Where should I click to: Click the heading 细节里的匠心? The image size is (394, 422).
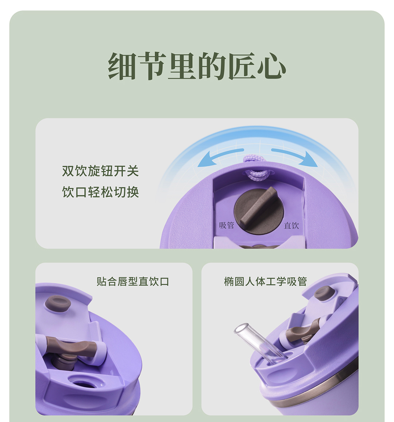click(197, 66)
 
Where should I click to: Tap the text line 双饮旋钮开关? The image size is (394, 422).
click(100, 171)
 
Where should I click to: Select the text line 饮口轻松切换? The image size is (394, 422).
click(100, 192)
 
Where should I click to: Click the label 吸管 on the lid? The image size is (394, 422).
click(227, 225)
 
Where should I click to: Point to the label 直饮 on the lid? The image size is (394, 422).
click(291, 225)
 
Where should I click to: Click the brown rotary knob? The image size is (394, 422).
click(259, 211)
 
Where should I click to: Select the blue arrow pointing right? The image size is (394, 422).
click(294, 157)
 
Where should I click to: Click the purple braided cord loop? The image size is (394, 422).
click(258, 167)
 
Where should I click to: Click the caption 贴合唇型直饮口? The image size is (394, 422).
click(133, 281)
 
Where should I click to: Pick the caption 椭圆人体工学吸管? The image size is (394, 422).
click(266, 281)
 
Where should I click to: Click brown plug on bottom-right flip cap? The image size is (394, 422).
click(325, 293)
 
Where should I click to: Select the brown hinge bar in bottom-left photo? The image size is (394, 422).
click(70, 347)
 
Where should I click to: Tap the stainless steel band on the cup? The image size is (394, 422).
click(315, 390)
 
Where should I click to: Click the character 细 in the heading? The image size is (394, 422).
click(122, 66)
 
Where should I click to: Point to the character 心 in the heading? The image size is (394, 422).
click(271, 66)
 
